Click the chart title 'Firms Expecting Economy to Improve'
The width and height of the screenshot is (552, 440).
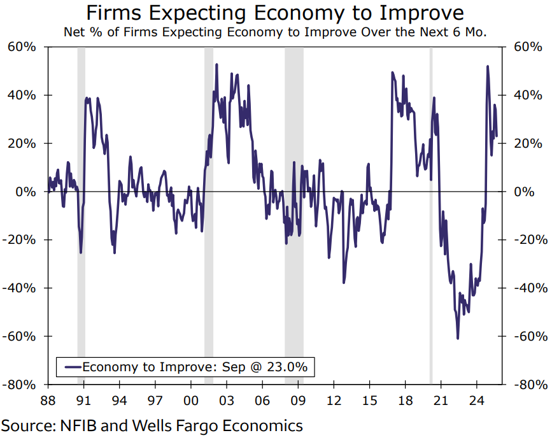coord(275,13)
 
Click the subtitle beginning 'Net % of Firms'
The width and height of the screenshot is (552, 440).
coord(275,32)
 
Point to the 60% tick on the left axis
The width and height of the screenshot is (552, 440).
coord(22,47)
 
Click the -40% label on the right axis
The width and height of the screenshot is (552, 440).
coord(530,288)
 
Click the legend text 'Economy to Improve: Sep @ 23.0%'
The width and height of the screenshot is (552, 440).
coord(195,367)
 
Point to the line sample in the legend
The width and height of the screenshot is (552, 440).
coord(70,367)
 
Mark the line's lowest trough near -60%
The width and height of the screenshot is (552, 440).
coord(457,338)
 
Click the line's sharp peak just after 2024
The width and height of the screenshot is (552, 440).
coord(488,66)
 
